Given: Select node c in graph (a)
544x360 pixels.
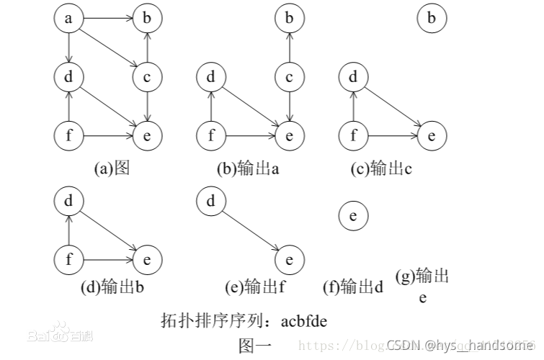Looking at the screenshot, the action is tap(147, 76).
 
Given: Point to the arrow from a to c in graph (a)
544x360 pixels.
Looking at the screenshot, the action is tap(108, 48).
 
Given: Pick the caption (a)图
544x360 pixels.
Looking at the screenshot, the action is tap(111, 168).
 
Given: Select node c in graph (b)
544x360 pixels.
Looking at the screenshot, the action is tap(290, 76).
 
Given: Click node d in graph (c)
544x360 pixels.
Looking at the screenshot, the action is tap(353, 76).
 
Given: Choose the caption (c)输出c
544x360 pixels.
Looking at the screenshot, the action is tap(381, 168).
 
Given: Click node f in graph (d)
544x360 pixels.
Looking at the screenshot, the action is tap(69, 258).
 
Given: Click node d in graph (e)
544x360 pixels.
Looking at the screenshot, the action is tap(211, 202).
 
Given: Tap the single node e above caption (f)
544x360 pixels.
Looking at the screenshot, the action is tap(353, 215).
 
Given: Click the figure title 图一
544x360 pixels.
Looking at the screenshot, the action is tap(255, 346).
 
